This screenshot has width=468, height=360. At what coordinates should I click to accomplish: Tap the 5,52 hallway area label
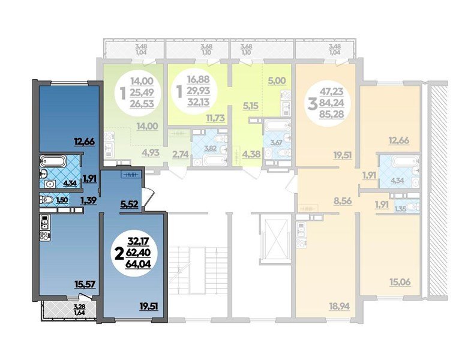point(130,204)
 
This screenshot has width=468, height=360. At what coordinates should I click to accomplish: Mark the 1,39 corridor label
point(89,200)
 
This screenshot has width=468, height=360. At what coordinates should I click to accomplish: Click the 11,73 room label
point(214,118)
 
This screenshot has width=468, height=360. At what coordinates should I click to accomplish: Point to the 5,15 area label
point(250,106)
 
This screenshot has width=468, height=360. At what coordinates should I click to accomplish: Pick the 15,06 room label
point(400,281)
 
